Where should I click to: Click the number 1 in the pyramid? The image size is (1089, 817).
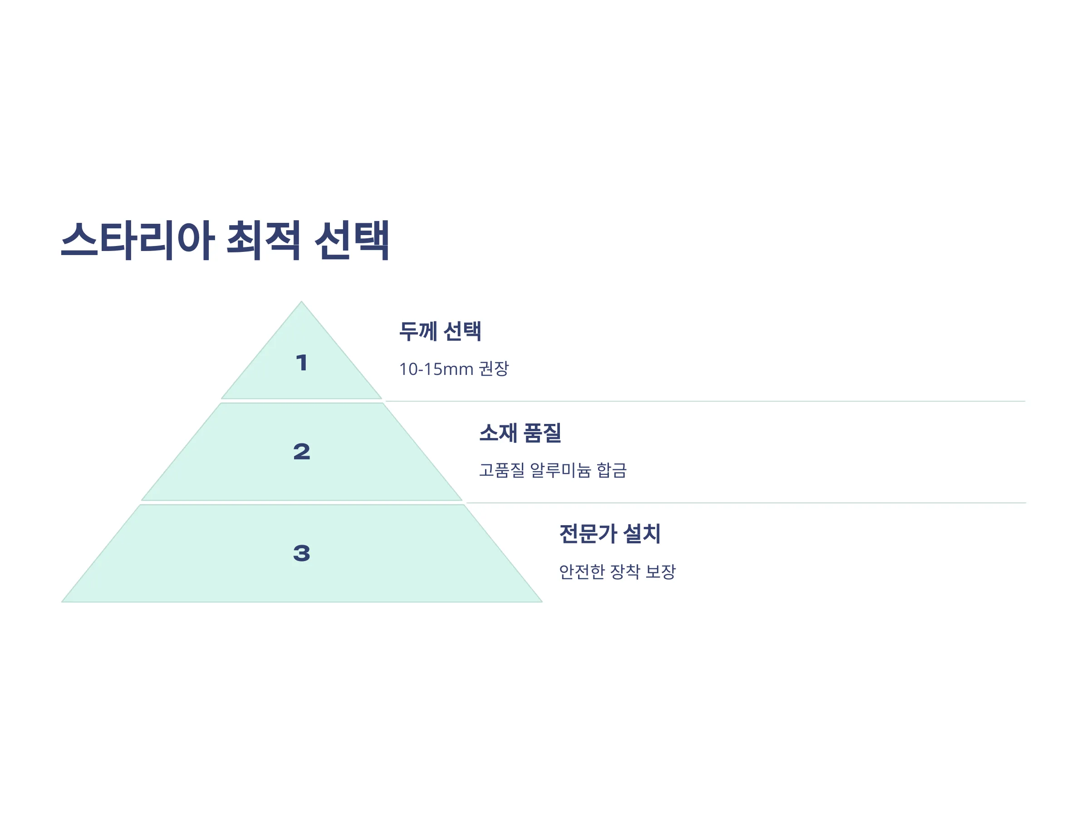tap(302, 363)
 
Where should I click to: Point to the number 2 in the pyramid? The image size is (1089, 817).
tap(302, 452)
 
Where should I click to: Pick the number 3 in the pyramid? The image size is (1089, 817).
tap(302, 553)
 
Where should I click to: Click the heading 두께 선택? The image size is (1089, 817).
tap(440, 331)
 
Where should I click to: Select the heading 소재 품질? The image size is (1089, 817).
tap(520, 433)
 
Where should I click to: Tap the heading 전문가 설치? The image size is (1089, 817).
tap(610, 534)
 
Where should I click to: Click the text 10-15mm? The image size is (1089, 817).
tap(436, 369)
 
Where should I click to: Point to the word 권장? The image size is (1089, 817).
tap(494, 369)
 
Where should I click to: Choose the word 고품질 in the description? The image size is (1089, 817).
tap(502, 470)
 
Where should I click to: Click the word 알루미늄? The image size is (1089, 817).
tap(561, 470)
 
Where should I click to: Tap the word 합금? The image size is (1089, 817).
tap(612, 470)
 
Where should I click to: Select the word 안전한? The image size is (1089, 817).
tap(582, 572)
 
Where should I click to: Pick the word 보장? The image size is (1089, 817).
tap(661, 572)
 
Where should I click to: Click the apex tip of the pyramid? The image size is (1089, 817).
tap(301, 301)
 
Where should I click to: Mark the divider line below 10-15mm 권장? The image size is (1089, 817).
tap(705, 401)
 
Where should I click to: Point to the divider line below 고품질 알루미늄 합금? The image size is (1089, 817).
tap(746, 503)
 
